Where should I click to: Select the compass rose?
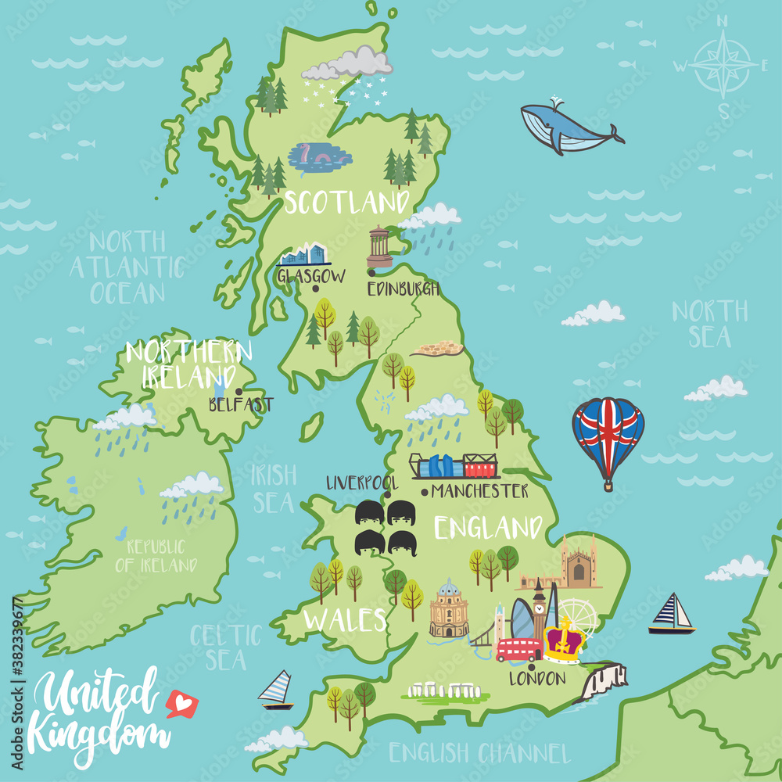pos(721,65)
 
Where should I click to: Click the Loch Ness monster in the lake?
pos(319,157)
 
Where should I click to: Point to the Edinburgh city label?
pos(404,289)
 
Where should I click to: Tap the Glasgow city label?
pos(310,275)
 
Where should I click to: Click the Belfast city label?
pos(241,404)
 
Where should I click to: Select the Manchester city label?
pos(479,491)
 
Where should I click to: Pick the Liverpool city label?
pos(361,482)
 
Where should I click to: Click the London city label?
pos(537,678)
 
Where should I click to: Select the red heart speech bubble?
pos(182,705)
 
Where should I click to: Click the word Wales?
pos(346,620)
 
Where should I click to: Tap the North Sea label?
pos(710,324)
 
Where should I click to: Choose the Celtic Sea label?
pos(226,646)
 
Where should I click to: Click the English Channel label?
pos(479,753)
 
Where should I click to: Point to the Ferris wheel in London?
pos(576,615)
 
